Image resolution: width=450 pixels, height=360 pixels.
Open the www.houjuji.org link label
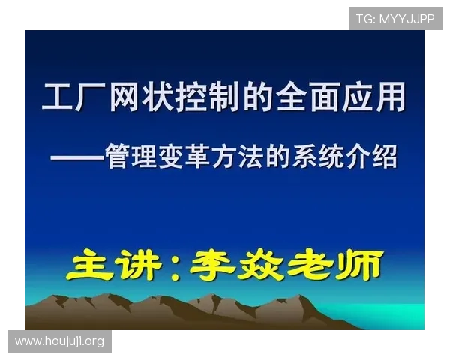click(x=59, y=342)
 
